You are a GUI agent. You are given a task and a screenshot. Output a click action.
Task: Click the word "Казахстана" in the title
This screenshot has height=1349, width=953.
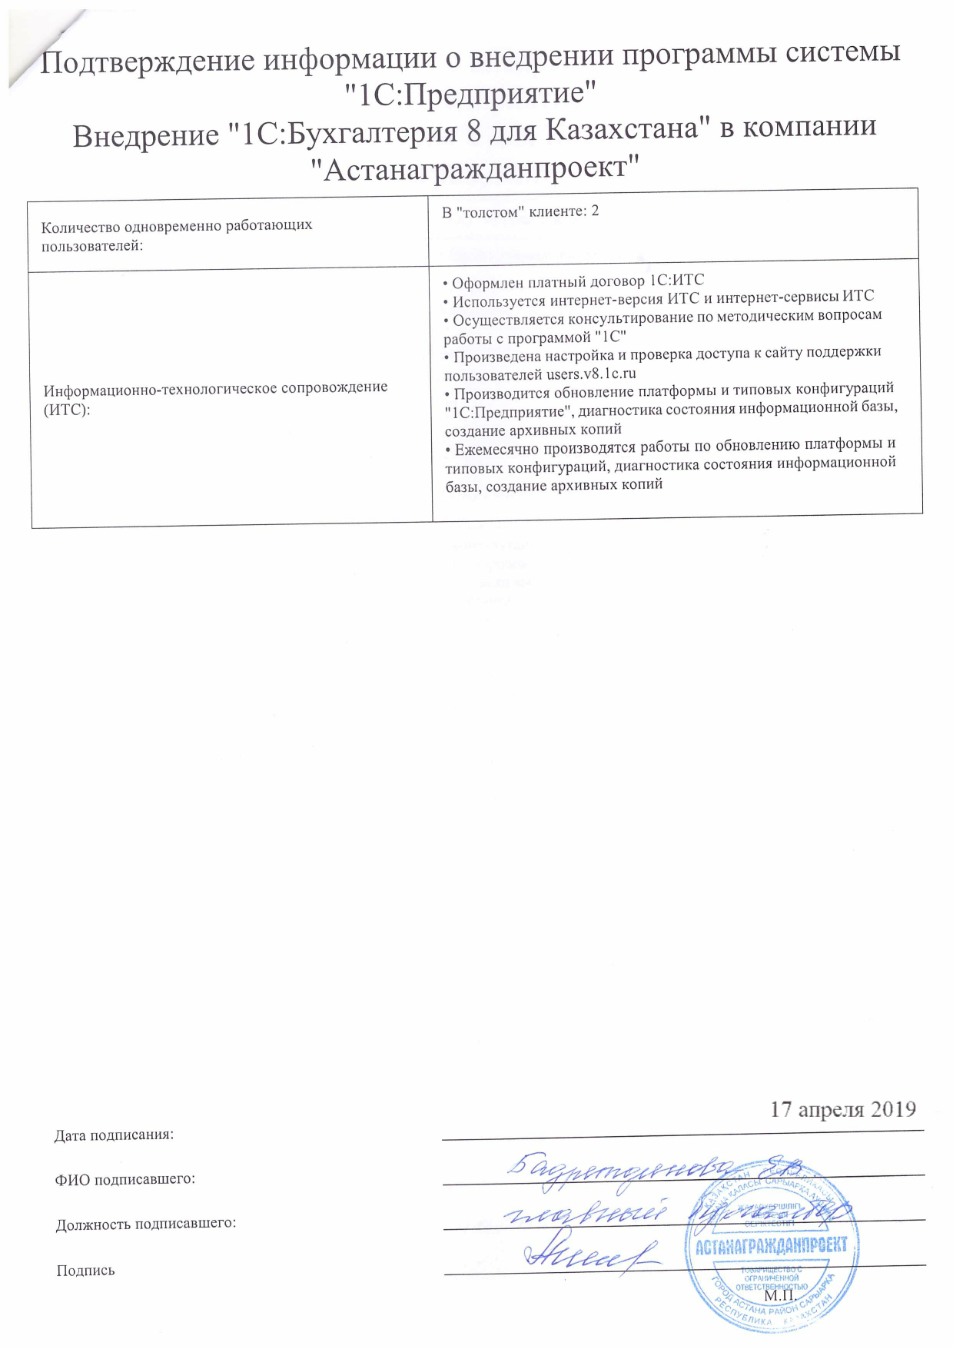pyautogui.click(x=626, y=128)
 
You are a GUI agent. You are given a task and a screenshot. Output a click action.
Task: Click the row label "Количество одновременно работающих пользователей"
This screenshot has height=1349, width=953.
pyautogui.click(x=177, y=235)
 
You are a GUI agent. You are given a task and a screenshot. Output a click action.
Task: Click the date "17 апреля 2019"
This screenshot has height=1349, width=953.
pyautogui.click(x=843, y=1109)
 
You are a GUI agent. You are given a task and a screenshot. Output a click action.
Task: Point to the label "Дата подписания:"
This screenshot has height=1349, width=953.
pyautogui.click(x=114, y=1135)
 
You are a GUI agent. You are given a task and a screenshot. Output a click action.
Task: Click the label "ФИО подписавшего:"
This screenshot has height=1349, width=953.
pyautogui.click(x=125, y=1178)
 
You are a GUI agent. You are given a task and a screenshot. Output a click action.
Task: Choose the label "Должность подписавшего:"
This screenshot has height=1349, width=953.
pyautogui.click(x=145, y=1223)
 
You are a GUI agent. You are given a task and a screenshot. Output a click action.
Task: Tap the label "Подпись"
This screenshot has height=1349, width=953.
pyautogui.click(x=85, y=1271)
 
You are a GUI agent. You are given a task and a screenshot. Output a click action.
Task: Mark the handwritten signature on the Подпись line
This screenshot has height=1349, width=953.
pyautogui.click(x=592, y=1256)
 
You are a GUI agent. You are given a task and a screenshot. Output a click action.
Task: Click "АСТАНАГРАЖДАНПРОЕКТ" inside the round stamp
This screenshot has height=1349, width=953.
pyautogui.click(x=771, y=1245)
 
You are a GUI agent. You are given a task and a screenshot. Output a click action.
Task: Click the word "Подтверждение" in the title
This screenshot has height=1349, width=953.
pyautogui.click(x=145, y=61)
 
